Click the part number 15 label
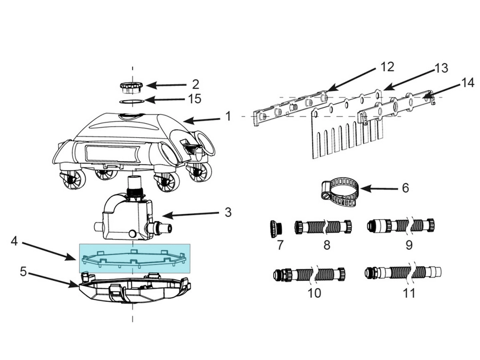pyautogui.click(x=195, y=99)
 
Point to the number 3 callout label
pyautogui.click(x=228, y=212)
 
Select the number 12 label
pyautogui.click(x=387, y=67)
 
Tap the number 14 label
pyautogui.click(x=468, y=83)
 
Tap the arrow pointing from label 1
pyautogui.click(x=202, y=120)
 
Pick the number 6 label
pyautogui.click(x=406, y=188)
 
